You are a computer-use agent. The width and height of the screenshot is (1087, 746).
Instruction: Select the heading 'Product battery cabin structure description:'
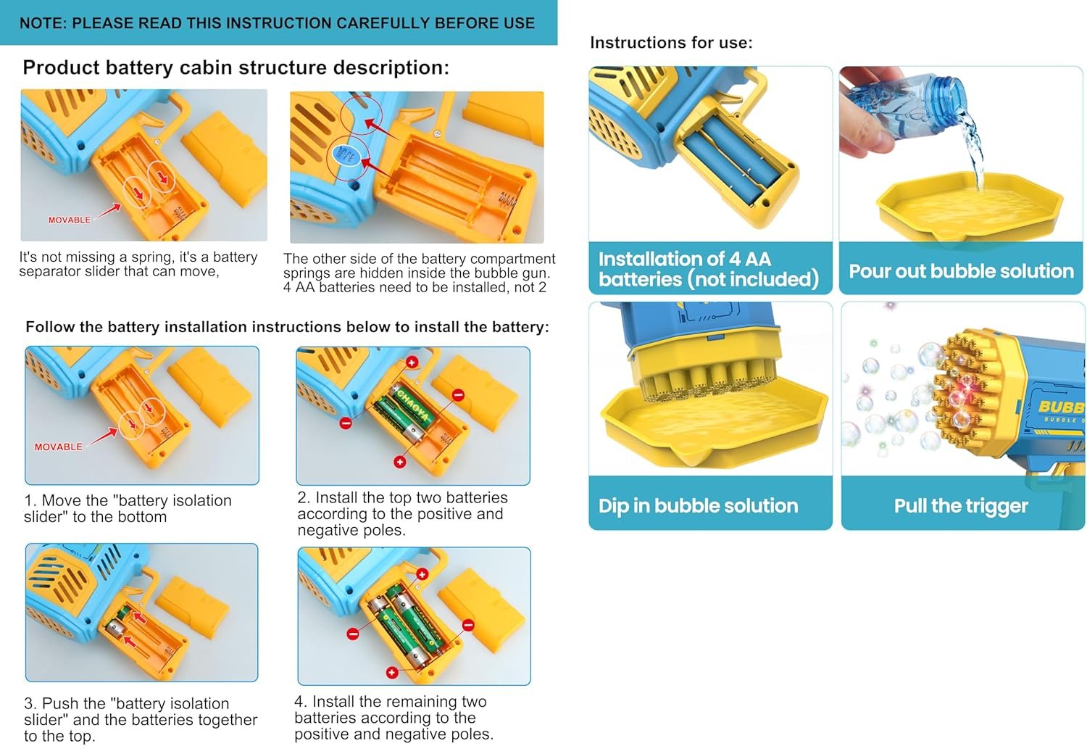(x=236, y=67)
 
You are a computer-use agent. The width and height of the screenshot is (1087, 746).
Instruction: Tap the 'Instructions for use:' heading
(x=671, y=43)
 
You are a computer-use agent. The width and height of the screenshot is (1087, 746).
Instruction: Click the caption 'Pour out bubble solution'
(x=962, y=271)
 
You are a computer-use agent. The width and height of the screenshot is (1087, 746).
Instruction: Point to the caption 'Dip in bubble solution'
(x=699, y=506)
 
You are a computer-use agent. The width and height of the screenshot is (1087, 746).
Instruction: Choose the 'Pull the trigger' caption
(x=961, y=506)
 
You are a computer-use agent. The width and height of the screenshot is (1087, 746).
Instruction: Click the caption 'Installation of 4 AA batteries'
(x=709, y=269)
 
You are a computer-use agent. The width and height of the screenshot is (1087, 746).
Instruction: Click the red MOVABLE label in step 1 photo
(x=58, y=447)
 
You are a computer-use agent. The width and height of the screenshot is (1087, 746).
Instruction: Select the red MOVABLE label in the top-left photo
(x=70, y=220)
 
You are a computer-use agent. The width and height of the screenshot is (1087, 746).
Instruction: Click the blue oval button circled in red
(x=346, y=155)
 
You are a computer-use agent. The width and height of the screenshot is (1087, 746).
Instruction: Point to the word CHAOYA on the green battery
(x=413, y=405)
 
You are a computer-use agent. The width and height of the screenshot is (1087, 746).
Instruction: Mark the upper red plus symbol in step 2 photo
(x=412, y=362)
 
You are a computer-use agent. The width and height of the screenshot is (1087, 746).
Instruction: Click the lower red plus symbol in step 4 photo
(x=392, y=672)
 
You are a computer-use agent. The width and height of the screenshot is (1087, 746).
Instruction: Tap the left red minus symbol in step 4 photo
(x=353, y=634)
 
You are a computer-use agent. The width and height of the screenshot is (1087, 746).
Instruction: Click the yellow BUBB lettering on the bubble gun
(x=1062, y=406)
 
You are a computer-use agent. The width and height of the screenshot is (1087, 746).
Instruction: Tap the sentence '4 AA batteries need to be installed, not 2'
(x=415, y=287)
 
